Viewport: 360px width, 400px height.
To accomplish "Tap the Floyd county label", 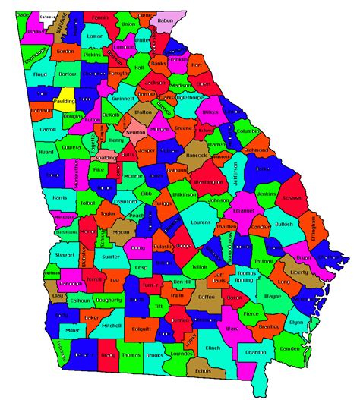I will coord(40,74).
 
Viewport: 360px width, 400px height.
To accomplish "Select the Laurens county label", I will coord(201,222).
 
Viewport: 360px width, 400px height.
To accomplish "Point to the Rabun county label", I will coord(165,21).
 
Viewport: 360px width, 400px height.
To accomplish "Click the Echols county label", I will coord(203,370).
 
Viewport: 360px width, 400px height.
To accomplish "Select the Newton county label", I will coord(136,132).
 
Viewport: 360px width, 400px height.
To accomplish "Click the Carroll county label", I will coord(47,130).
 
